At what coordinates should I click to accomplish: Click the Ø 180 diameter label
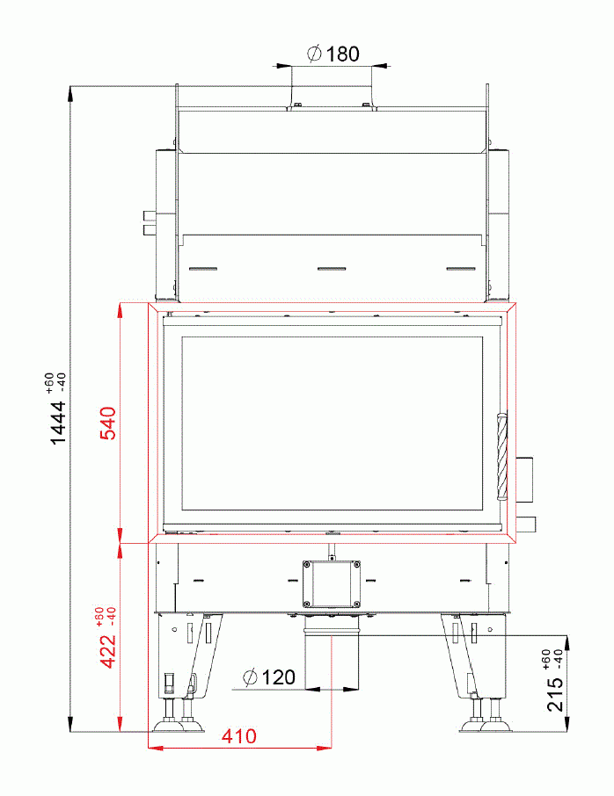tap(333, 54)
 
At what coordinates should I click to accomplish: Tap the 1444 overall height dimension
tap(58, 423)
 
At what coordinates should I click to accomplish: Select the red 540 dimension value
tap(107, 423)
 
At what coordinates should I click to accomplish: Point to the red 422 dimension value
tap(107, 651)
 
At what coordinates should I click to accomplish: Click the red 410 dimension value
tap(239, 735)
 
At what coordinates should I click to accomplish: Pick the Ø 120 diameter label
tap(269, 677)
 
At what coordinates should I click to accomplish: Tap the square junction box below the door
tap(332, 583)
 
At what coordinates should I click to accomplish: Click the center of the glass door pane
tap(332, 423)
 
